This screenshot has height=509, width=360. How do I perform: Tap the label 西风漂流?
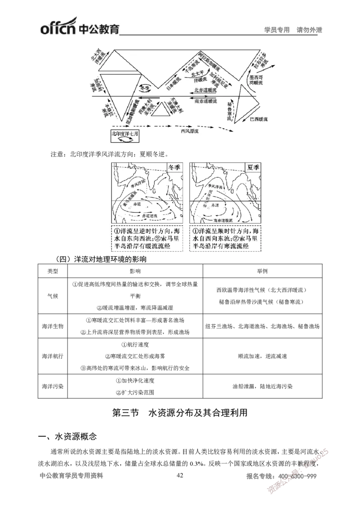[x=189, y=132]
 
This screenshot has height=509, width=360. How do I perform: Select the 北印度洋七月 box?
[x=125, y=137]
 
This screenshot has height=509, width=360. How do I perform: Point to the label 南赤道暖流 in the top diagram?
[x=207, y=102]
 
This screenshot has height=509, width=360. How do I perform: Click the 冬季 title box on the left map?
[x=174, y=167]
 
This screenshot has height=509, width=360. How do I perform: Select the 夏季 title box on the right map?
[x=253, y=167]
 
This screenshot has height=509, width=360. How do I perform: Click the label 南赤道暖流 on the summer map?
[x=224, y=221]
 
